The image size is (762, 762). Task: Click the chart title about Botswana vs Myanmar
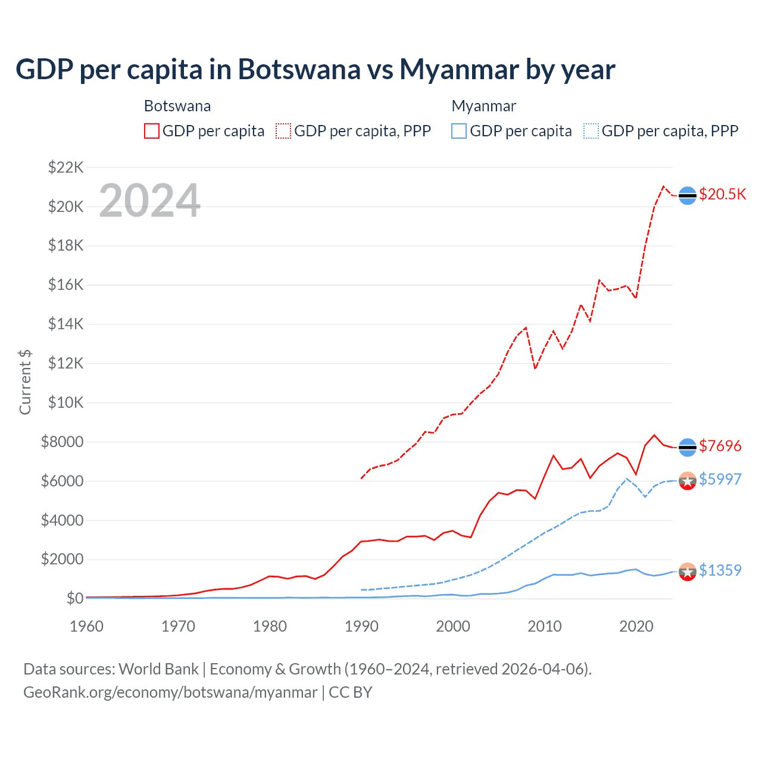point(315,70)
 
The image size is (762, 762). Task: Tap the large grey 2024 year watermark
point(149,201)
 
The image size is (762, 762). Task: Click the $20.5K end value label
point(722,195)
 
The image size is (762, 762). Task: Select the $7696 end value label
point(720,446)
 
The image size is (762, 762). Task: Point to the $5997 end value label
point(720,479)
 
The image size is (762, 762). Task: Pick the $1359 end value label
point(720,570)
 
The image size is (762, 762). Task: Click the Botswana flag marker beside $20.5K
point(688,195)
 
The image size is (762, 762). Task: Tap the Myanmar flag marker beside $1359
point(688,571)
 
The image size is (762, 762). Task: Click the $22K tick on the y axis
point(65,167)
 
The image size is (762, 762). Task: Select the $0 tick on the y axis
point(74,598)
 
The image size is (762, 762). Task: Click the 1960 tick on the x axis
point(87,626)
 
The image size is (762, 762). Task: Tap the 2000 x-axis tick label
point(453,626)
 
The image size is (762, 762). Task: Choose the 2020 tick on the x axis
point(636,626)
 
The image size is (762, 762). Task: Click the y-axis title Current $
point(25,382)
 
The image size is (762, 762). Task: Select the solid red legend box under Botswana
point(152,131)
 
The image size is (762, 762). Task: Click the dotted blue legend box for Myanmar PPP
point(591,131)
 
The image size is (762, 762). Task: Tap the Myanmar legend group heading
point(483,106)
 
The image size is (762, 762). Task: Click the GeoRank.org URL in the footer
point(170,692)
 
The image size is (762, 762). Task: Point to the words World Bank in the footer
point(158,669)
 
